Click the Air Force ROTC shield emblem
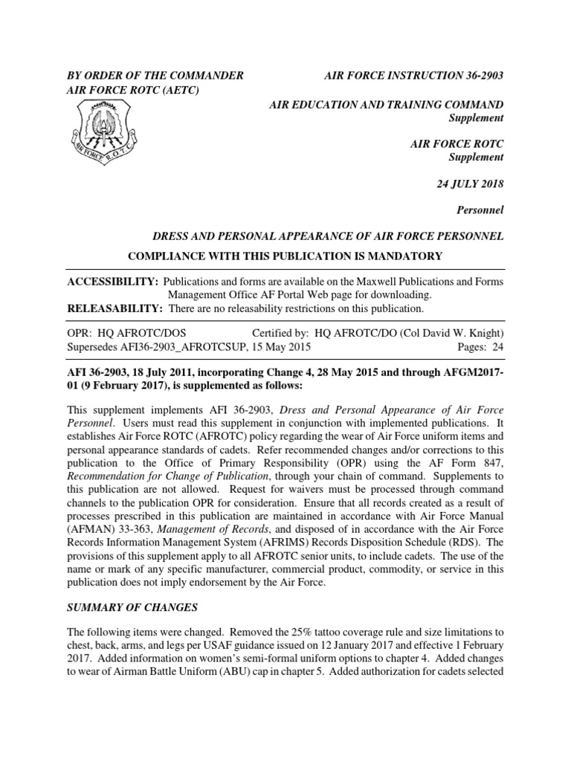click(104, 130)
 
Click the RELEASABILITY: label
click(116, 308)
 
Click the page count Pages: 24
click(482, 347)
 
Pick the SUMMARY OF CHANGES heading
click(132, 607)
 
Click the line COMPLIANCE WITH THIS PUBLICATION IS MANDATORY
click(285, 256)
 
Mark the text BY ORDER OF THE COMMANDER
click(155, 76)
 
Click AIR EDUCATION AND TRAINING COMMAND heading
click(386, 105)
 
